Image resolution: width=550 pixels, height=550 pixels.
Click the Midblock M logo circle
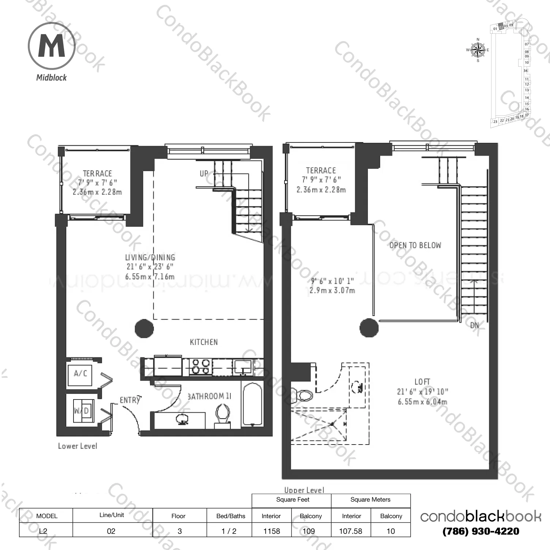coord(52,46)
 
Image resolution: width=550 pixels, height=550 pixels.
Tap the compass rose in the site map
coord(478,50)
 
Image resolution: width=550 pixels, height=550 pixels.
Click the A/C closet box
coord(81,374)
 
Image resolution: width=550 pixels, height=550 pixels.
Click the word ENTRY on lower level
coord(130,400)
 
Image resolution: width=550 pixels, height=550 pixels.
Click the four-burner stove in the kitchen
coord(201,366)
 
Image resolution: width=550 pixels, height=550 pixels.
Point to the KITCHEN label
coord(204,342)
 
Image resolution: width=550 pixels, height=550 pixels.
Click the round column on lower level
coord(144,328)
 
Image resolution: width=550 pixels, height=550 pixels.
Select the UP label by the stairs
coord(204,174)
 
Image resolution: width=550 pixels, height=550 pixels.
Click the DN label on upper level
coord(475,325)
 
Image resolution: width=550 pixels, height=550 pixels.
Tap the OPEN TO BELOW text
coord(415,245)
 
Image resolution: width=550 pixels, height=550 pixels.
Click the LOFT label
coord(422,382)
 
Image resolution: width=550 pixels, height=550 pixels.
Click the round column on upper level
coord(369,328)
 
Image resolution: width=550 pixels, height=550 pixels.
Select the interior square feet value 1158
coord(271,531)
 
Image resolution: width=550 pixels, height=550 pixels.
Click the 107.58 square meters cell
coord(350,531)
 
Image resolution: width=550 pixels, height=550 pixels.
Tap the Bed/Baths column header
coord(231,516)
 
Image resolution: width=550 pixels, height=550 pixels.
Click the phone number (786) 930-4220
coord(481,531)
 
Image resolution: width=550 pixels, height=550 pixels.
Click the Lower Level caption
coord(78,446)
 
